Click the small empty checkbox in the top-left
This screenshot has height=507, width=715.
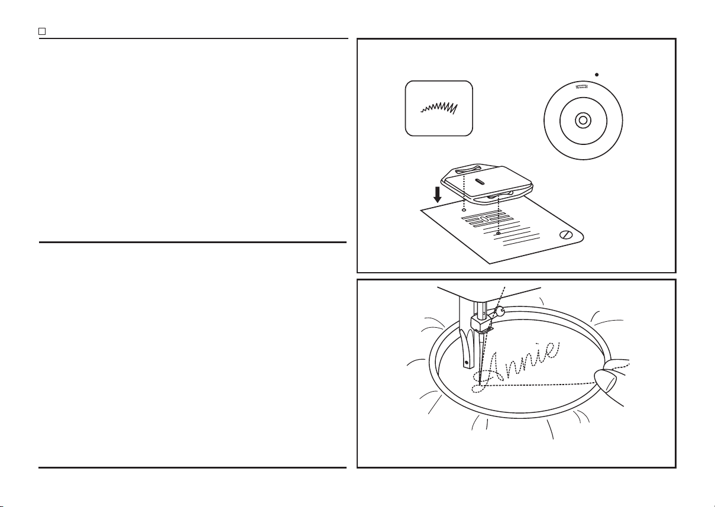pyautogui.click(x=42, y=31)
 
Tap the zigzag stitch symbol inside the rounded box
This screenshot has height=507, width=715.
pyautogui.click(x=439, y=108)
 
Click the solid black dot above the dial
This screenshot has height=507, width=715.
pyautogui.click(x=597, y=75)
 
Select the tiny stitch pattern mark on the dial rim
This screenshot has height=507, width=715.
pyautogui.click(x=582, y=86)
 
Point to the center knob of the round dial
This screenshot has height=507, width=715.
pyautogui.click(x=583, y=120)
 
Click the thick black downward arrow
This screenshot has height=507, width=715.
pyautogui.click(x=437, y=195)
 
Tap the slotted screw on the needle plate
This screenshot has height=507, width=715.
pyautogui.click(x=566, y=235)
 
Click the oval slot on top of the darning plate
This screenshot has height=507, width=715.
pyautogui.click(x=480, y=182)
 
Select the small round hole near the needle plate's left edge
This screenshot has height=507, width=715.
pyautogui.click(x=464, y=210)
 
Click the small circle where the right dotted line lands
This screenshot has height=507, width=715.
pyautogui.click(x=499, y=234)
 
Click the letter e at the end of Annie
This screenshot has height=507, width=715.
pyautogui.click(x=553, y=350)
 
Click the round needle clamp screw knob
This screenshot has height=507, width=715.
pyautogui.click(x=500, y=311)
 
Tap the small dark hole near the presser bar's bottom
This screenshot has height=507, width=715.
pyautogui.click(x=467, y=363)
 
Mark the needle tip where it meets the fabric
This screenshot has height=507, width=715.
pyautogui.click(x=480, y=384)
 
